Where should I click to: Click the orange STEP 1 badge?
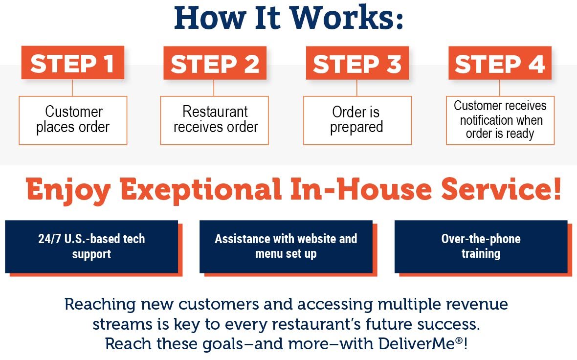pos(72,63)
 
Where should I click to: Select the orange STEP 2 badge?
pos(215,63)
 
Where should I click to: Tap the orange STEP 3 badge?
pos(357,63)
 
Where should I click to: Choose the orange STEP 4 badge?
pos(500,63)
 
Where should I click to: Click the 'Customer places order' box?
pos(73,120)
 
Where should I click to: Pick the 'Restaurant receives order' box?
pos(215,120)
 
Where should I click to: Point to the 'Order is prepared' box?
pos(357,120)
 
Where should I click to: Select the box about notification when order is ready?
pos(500,120)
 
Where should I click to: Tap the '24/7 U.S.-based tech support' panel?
pos(91,247)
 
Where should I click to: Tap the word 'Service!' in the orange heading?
pos(501,188)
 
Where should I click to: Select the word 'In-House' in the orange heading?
pos(361,188)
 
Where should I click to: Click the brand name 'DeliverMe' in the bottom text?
pos(416,344)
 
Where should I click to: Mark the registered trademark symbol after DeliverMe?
pos(459,340)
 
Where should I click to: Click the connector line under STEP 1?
pos(72,88)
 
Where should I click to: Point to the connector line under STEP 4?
pos(499,88)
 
